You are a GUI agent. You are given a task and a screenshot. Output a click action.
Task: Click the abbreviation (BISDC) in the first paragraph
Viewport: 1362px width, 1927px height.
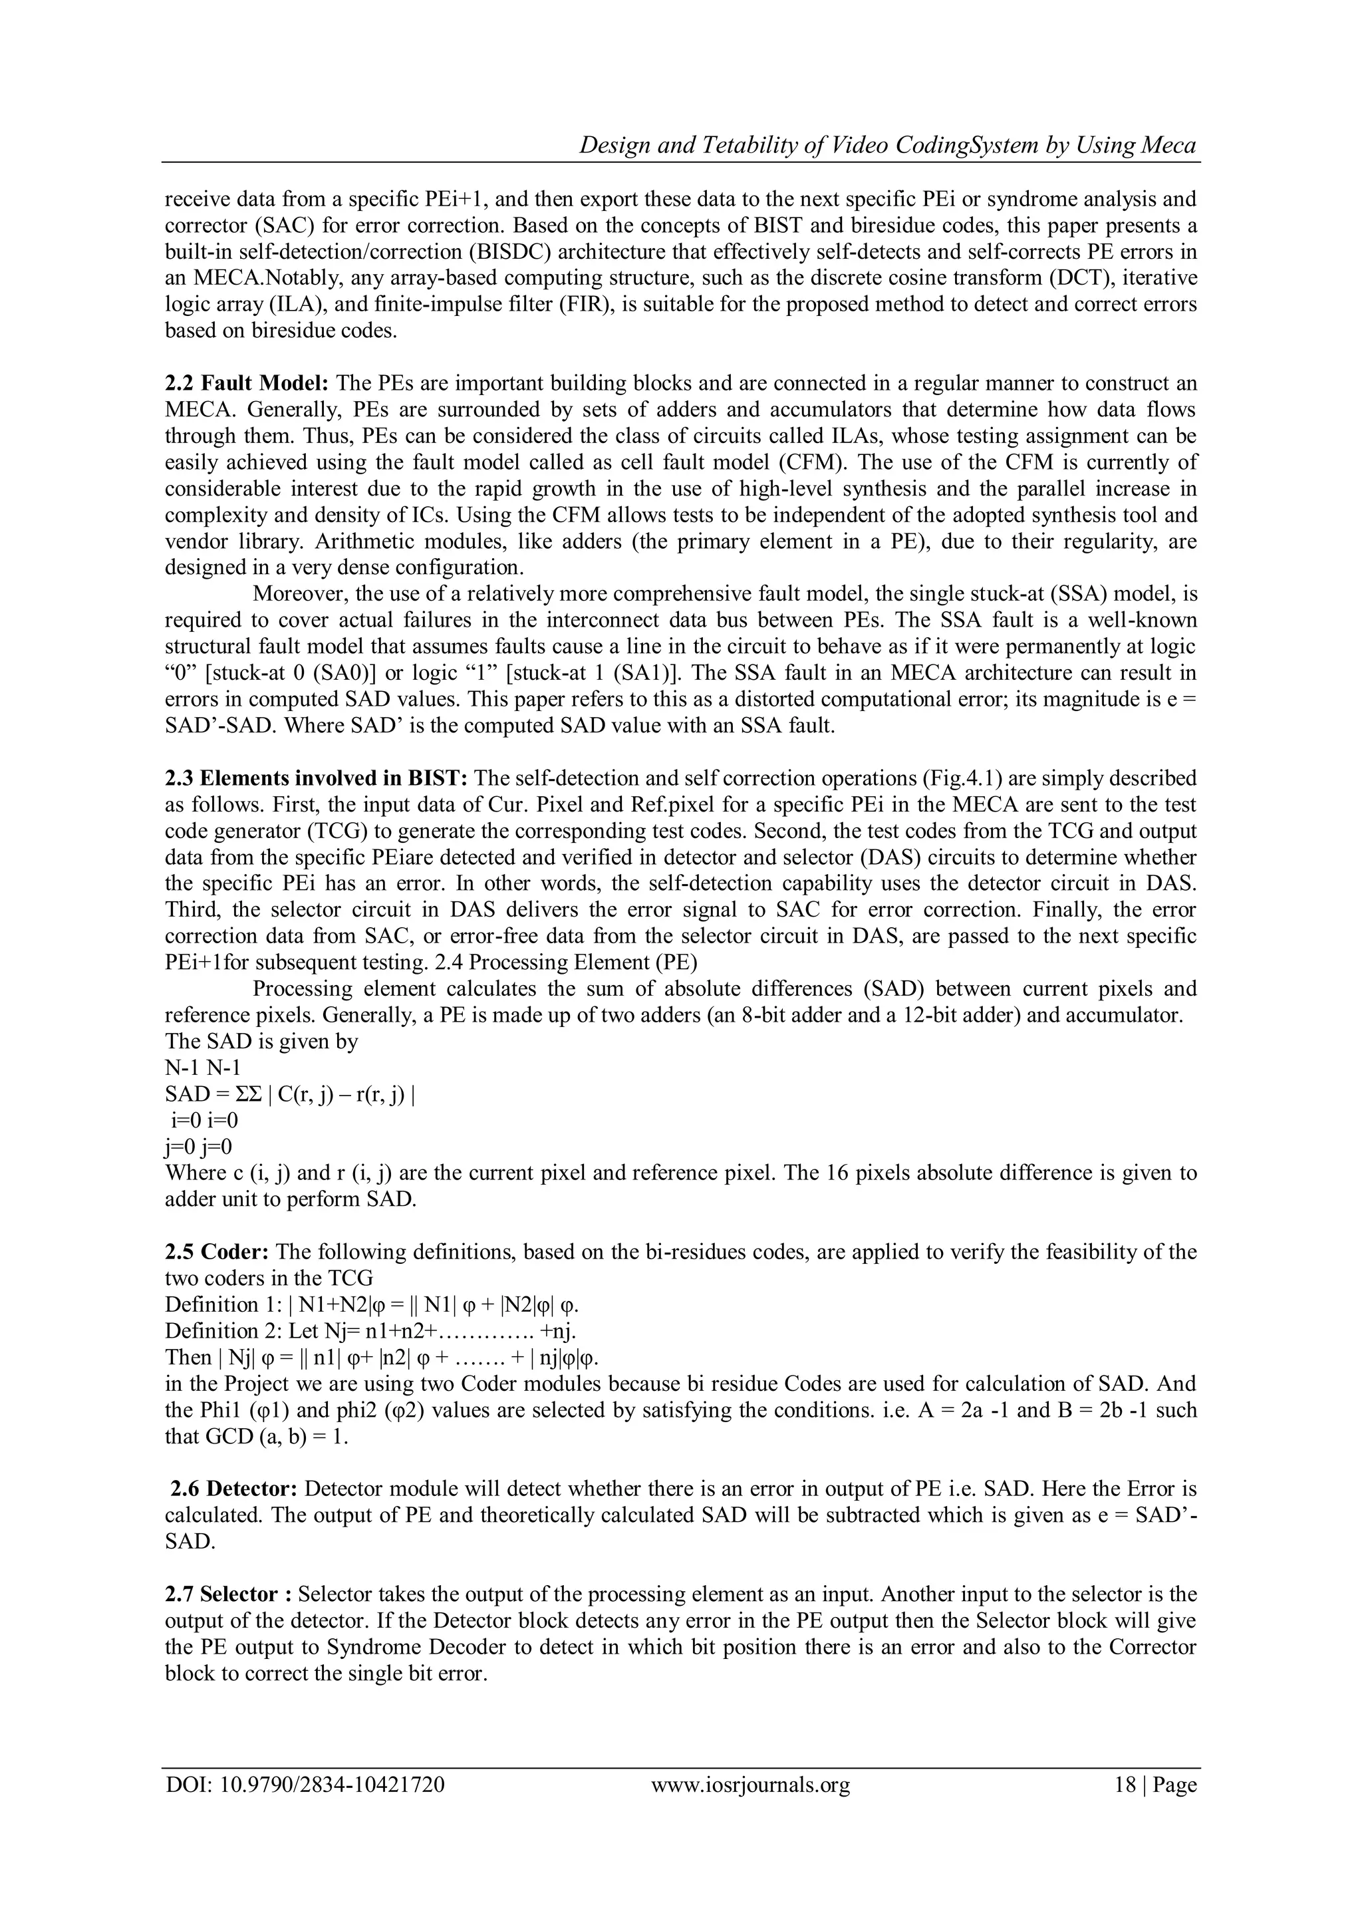point(466,252)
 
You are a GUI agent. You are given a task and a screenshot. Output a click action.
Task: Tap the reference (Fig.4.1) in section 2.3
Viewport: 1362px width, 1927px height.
point(960,778)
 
